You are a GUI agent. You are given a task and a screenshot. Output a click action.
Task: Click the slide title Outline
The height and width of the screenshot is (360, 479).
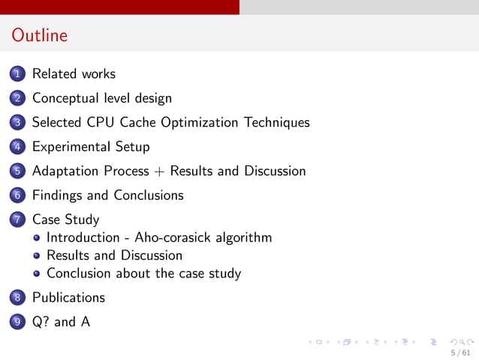point(40,35)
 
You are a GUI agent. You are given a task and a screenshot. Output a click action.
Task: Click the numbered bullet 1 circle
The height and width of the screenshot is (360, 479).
point(18,74)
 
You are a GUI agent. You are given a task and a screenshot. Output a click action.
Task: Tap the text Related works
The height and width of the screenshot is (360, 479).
point(74,74)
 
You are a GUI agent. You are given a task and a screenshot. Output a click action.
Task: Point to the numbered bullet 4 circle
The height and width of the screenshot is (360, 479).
point(18,147)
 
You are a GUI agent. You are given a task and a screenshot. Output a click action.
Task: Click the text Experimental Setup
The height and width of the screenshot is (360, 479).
point(91,147)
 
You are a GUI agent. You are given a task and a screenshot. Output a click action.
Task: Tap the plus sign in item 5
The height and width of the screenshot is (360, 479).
point(159,171)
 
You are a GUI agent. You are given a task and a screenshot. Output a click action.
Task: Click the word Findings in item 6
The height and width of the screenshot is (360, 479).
point(57,195)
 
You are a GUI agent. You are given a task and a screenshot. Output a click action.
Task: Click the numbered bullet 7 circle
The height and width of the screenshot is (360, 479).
point(18,220)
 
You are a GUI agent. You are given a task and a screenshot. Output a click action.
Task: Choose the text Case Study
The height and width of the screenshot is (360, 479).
point(65,219)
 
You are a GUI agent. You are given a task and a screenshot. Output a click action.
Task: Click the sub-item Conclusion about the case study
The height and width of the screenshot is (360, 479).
point(143,273)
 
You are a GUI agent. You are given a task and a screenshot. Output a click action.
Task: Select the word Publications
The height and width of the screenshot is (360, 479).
point(68,297)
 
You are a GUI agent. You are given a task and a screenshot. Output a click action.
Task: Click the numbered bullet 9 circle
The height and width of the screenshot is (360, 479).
point(18,322)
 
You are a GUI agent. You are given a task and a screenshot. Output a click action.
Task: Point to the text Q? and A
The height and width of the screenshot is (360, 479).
point(61,322)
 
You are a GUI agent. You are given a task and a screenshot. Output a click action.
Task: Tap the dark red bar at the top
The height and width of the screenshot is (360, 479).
point(119,7)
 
